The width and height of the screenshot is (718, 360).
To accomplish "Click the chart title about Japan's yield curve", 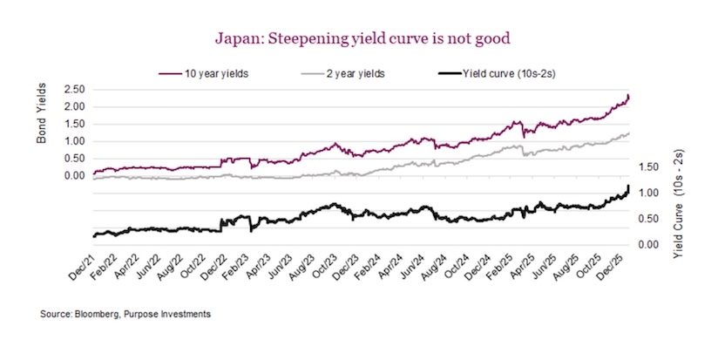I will pyautogui.click(x=358, y=38).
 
